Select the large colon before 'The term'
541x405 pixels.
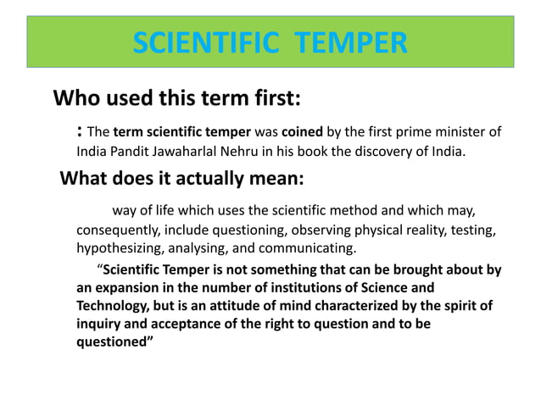click(79, 132)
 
